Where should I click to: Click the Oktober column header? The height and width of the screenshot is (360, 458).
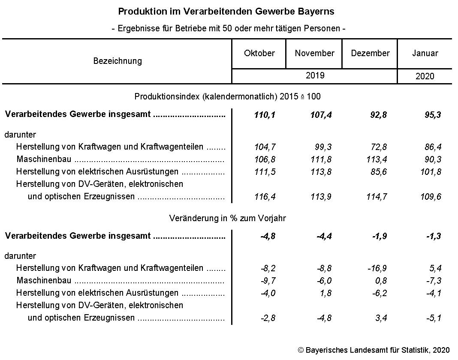click(x=259, y=54)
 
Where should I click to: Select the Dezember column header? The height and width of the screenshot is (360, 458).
click(x=370, y=54)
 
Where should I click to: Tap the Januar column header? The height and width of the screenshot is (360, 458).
click(x=425, y=54)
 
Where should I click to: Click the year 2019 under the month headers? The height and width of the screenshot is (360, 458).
click(x=315, y=76)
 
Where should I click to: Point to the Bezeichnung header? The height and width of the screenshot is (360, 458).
click(x=117, y=61)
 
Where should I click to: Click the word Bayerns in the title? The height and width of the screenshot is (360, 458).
click(x=316, y=11)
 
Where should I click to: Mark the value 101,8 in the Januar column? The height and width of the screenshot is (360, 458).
click(x=431, y=172)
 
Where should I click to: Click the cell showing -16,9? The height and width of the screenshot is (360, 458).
click(x=377, y=269)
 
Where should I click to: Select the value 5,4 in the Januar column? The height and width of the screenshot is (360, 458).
click(x=435, y=269)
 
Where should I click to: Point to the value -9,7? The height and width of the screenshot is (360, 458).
click(x=268, y=281)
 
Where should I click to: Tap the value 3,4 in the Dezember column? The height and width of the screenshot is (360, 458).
click(x=380, y=318)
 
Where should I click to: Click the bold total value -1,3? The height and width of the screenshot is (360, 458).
click(x=434, y=236)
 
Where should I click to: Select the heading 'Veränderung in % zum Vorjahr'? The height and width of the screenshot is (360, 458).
click(x=227, y=218)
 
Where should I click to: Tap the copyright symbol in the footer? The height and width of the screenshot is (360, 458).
click(x=300, y=350)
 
